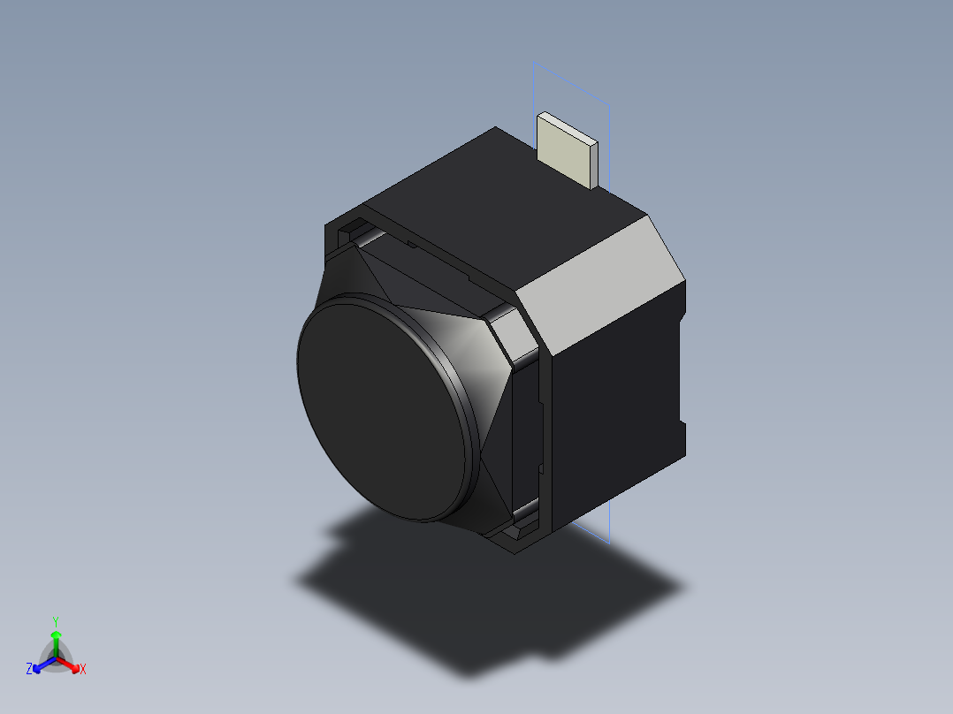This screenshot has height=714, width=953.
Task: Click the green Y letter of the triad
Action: tap(55, 620)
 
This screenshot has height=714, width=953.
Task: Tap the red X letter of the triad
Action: tap(83, 669)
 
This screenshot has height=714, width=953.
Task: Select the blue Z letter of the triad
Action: tap(29, 669)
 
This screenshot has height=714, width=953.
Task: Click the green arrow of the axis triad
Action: tap(56, 641)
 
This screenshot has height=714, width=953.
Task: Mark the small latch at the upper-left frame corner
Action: tap(353, 232)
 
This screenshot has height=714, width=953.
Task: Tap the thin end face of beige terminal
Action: tap(593, 164)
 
